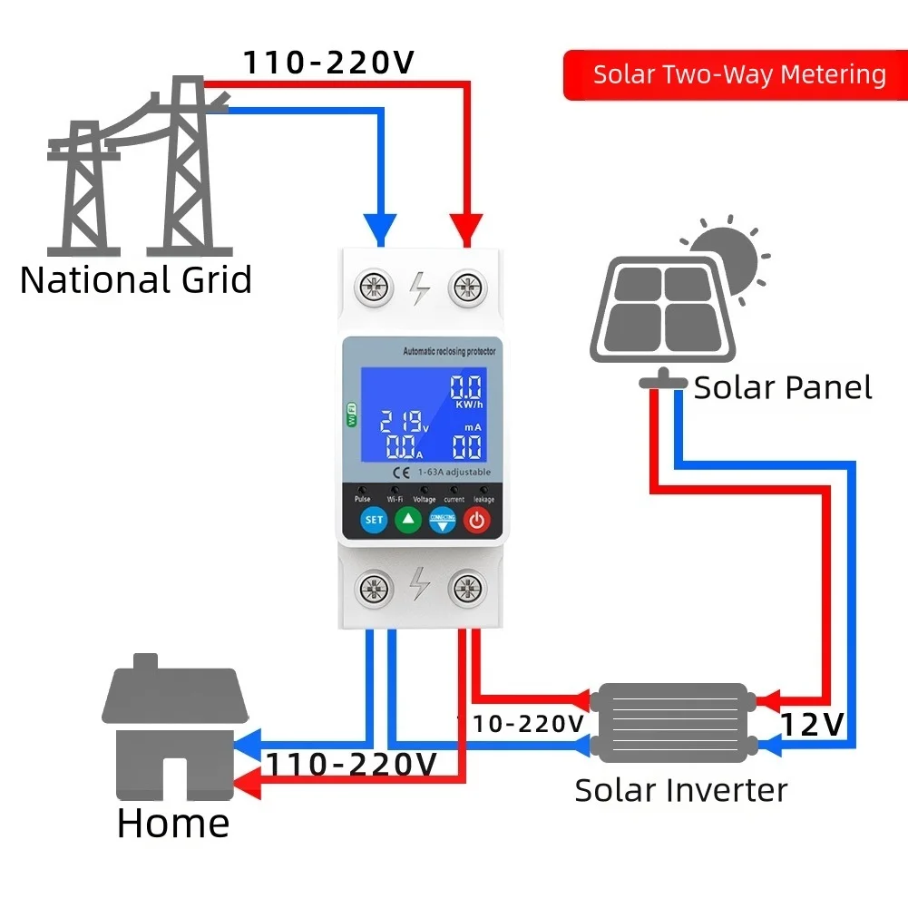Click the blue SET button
click(374, 520)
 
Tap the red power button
click(477, 520)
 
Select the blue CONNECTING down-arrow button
click(442, 521)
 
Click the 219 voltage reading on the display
click(402, 421)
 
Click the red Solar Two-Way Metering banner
click(736, 74)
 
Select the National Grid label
click(136, 279)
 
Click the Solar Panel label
click(782, 388)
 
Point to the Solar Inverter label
click(680, 790)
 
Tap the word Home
click(172, 824)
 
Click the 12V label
click(813, 724)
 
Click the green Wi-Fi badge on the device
click(350, 415)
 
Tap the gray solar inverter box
click(670, 723)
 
